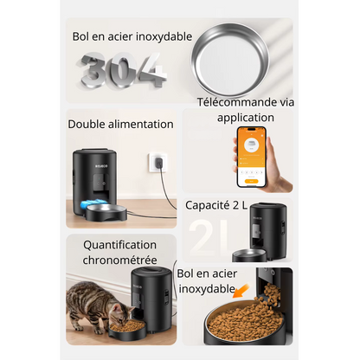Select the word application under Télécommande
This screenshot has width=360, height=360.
pos(246,118)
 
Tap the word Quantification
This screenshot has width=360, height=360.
pos(120,246)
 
